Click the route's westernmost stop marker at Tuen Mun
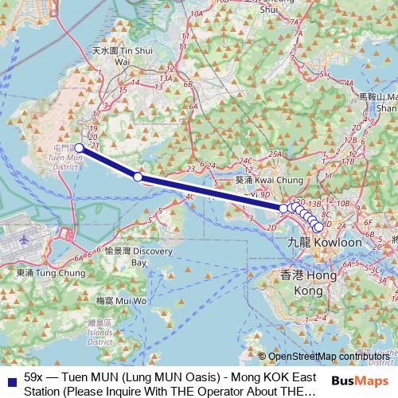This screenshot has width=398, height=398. click(80, 147)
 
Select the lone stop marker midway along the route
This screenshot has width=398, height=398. click(138, 176)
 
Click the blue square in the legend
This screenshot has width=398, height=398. click(9, 377)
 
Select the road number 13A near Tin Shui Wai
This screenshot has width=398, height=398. click(165, 78)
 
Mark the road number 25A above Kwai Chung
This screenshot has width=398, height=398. click(276, 154)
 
